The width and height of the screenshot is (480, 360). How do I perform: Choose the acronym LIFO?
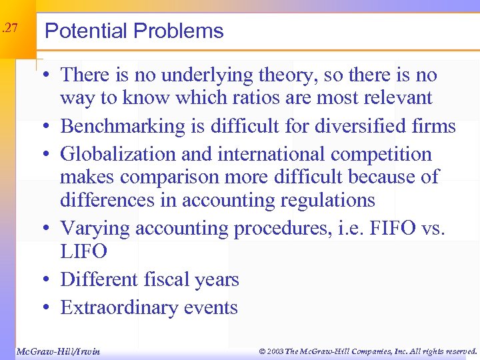(x=83, y=251)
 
